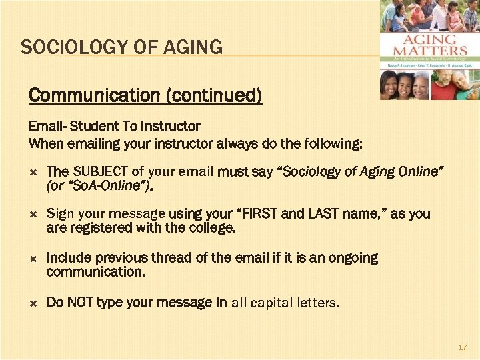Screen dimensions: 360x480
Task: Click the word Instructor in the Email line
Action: (171, 125)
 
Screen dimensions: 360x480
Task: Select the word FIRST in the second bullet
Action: (260, 214)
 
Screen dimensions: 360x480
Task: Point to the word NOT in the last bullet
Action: (79, 303)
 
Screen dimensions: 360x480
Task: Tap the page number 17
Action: (463, 348)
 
